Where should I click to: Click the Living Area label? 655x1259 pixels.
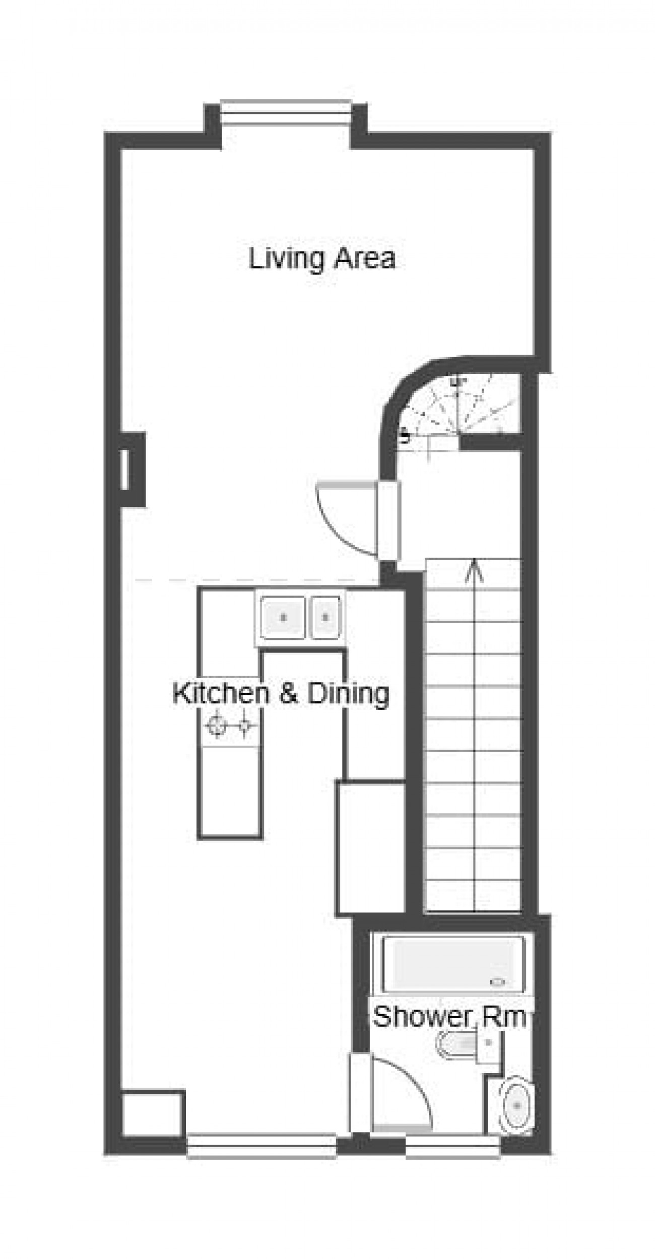[x=322, y=259]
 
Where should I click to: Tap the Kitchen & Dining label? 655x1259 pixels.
[x=281, y=693]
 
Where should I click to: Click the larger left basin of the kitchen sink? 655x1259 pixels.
[x=283, y=617]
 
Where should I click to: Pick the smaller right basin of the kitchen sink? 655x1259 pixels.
[x=325, y=617]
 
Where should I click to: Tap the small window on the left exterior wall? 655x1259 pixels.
[x=124, y=469]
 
